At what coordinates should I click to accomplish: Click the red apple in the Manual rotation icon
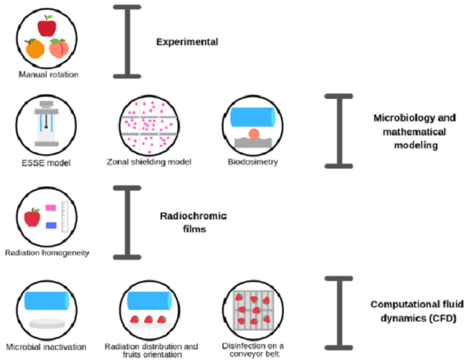point(47,27)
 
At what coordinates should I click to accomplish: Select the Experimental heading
point(187,42)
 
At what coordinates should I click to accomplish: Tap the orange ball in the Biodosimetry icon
point(255,134)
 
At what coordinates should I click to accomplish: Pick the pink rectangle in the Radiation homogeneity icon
point(51,208)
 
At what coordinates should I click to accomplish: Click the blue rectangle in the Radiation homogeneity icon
point(51,225)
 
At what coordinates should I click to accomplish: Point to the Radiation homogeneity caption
point(47,254)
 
